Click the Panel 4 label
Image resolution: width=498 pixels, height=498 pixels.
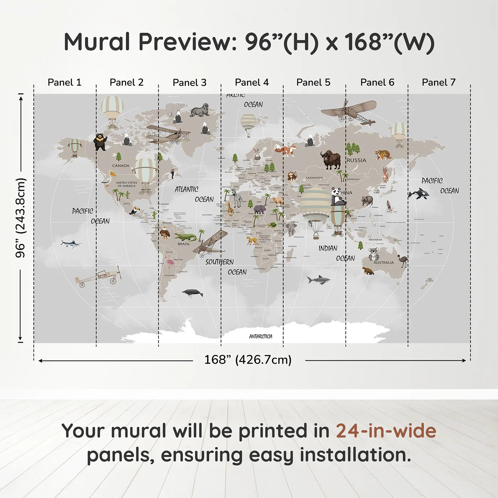pos(251,83)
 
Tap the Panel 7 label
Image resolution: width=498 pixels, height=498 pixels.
pos(438,83)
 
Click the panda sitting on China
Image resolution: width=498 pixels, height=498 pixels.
pos(337,197)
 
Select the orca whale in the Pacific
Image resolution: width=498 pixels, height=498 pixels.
pos(418,194)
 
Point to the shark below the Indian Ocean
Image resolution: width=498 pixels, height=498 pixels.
pos(319,280)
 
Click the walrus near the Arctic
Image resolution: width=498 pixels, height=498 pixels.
pos(200,110)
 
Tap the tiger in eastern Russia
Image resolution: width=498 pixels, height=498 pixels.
pos(383,155)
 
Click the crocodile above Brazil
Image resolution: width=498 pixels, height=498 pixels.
pos(185,237)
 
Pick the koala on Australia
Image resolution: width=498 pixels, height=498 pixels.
pos(373,254)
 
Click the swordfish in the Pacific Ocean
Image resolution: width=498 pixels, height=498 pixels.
pos(71,244)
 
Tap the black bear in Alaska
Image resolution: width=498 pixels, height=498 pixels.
pos(100,142)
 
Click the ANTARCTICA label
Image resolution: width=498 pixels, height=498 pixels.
pos(261,336)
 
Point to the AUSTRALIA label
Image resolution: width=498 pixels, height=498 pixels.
pos(383,263)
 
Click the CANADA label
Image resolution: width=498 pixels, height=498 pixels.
pos(121,166)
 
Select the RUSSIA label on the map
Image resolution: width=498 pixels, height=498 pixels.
pos(356,160)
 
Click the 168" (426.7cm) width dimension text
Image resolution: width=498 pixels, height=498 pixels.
pos(248,360)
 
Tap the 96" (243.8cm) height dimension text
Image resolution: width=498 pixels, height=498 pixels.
pos(21,218)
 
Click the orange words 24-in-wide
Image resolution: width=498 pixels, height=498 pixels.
pos(386,431)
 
